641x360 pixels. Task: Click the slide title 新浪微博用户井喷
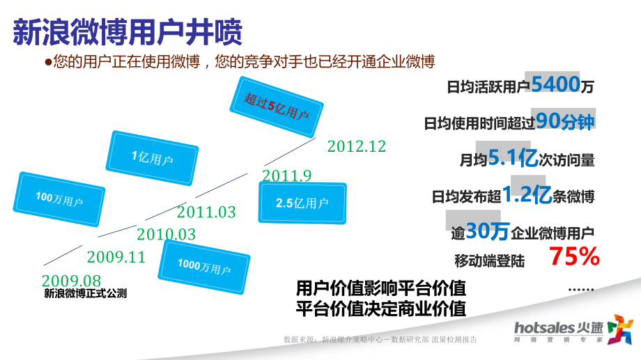[128, 32]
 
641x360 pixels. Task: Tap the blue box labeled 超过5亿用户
[277, 106]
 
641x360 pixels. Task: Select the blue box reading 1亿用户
[152, 158]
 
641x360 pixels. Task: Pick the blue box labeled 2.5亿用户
[302, 203]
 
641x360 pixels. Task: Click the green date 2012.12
[356, 147]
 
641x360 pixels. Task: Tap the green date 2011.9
[286, 176]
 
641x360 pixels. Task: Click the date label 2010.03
[166, 235]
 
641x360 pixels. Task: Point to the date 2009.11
[116, 258]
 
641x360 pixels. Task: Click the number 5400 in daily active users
[555, 85]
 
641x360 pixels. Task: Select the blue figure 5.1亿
[513, 158]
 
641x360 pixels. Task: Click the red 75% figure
[574, 258]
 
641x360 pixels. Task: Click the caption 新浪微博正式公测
[86, 294]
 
